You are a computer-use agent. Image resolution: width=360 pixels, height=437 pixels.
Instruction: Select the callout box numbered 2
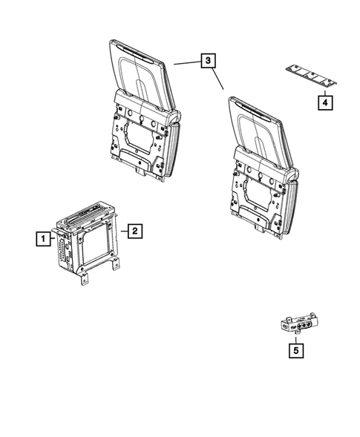click(x=134, y=231)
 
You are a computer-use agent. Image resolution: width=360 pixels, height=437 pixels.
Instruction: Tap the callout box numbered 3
click(x=209, y=62)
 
